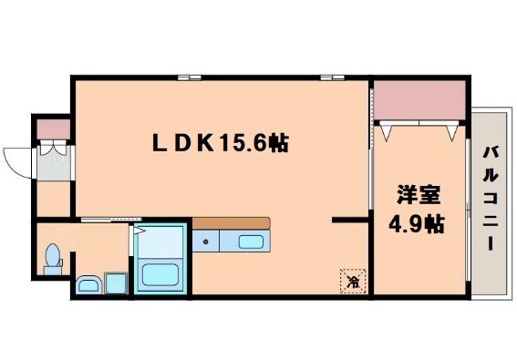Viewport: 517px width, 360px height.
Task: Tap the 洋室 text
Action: pyautogui.click(x=419, y=194)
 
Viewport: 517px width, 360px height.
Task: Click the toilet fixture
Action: pyautogui.click(x=54, y=256)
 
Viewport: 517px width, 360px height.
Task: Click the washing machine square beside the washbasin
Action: pyautogui.click(x=117, y=283)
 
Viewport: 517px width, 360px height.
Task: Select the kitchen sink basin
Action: pyautogui.click(x=251, y=242)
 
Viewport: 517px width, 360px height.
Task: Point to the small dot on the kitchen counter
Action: pyautogui.click(x=207, y=242)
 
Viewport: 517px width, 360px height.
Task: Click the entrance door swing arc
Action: pyautogui.click(x=16, y=161)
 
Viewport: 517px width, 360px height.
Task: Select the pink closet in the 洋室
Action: pyautogui.click(x=420, y=102)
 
